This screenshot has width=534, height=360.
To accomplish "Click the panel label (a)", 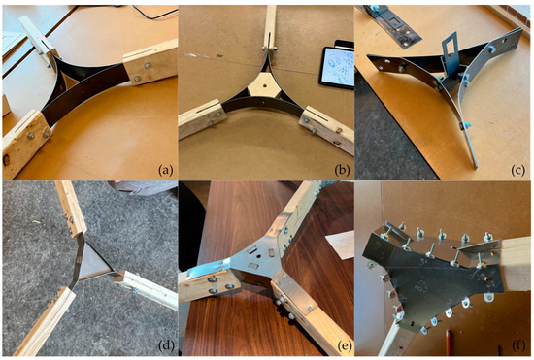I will (x=164, y=169).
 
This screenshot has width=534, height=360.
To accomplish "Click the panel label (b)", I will (x=342, y=169).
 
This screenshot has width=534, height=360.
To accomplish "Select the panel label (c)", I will (x=518, y=169).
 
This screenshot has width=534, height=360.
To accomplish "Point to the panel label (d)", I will (x=164, y=346).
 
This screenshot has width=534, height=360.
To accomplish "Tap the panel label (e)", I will (x=342, y=346).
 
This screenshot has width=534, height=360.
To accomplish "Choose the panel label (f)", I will (x=518, y=346).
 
